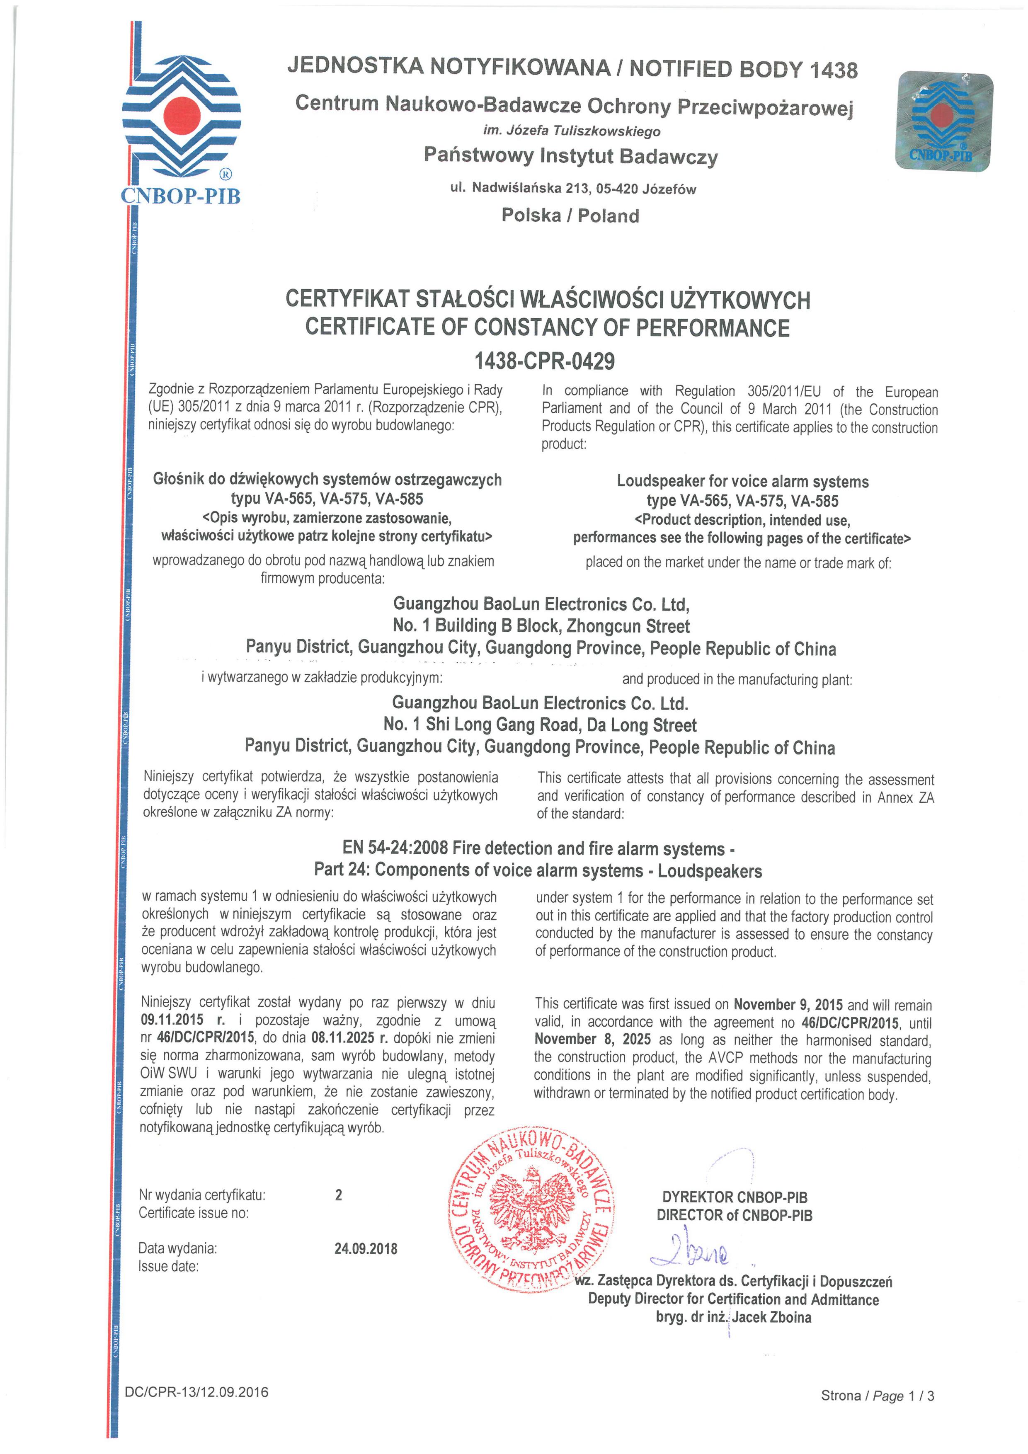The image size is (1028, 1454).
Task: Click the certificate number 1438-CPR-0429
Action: pos(544,361)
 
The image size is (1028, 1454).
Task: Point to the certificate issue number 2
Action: pos(339,1195)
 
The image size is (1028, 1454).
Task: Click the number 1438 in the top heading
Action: pos(834,70)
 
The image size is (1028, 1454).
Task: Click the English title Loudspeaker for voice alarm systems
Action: pos(742,481)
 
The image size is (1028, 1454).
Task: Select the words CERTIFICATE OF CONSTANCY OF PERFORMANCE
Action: pos(547,327)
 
